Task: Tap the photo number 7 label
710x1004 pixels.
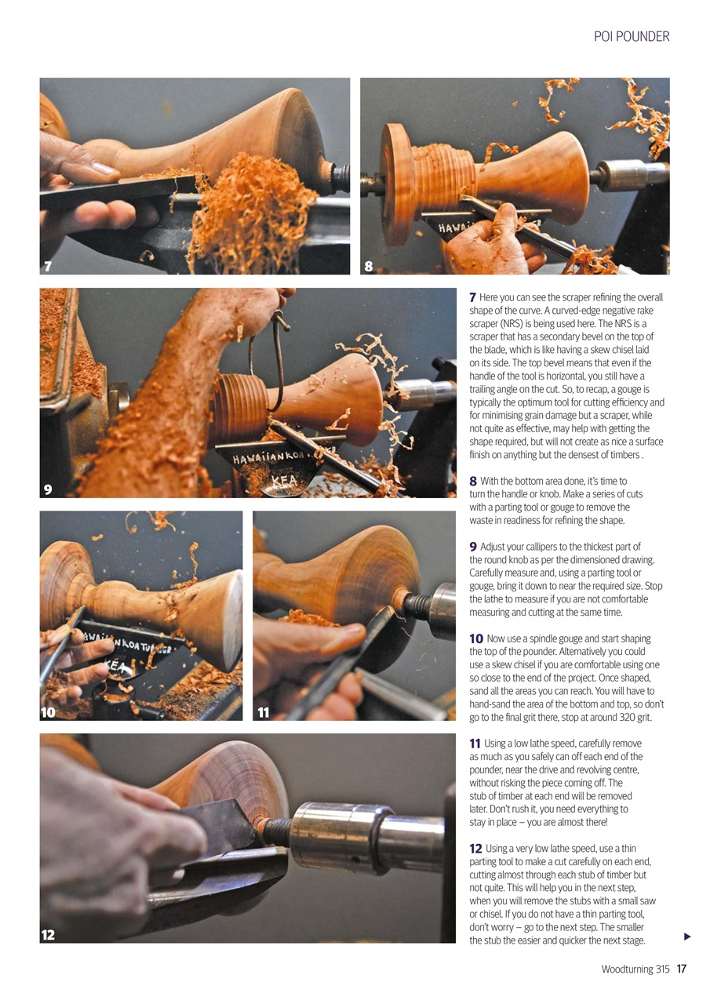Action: coord(48,267)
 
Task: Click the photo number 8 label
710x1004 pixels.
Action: coord(369,267)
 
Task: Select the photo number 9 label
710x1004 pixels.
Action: coord(48,489)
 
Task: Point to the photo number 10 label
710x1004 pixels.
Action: coord(49,712)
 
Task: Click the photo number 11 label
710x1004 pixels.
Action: coord(264,712)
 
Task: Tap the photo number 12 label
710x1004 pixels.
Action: coord(49,935)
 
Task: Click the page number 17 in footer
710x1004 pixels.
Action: coord(681,969)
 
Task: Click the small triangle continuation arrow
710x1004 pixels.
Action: coord(687,937)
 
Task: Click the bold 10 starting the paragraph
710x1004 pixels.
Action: coord(475,639)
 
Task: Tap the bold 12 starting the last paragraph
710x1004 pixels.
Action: coord(475,849)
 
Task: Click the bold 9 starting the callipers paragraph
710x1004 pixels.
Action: coord(473,547)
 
